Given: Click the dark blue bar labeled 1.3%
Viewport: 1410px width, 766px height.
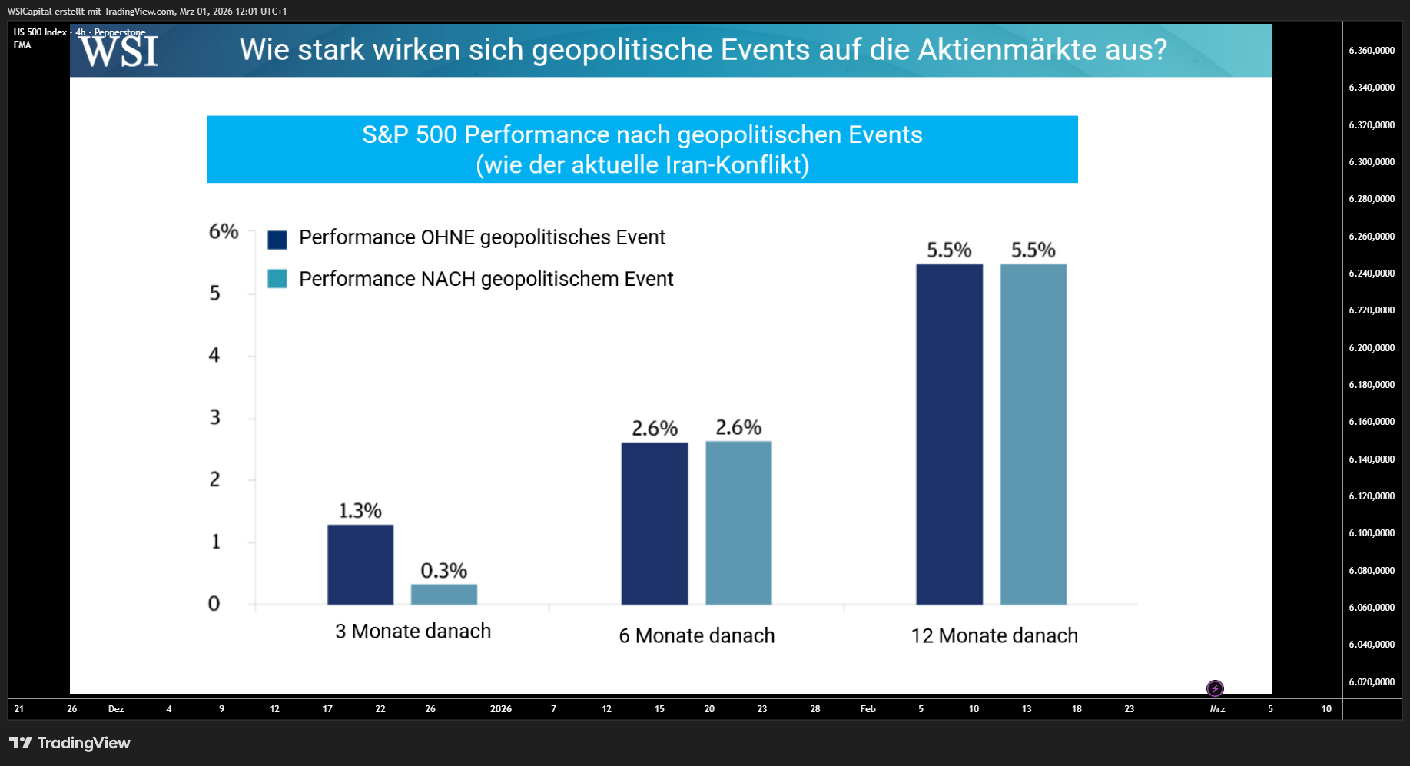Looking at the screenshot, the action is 360,565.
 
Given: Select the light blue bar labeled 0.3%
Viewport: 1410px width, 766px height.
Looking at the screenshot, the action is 444,595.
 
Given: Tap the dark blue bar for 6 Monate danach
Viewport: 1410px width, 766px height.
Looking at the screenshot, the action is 655,524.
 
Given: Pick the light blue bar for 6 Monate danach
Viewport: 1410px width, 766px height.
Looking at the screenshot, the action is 738,523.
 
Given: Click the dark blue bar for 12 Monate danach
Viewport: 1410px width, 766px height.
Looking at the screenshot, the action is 950,434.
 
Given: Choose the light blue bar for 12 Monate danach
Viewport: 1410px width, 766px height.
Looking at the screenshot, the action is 1033,434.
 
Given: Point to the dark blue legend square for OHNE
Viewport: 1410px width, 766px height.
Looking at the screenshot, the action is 277,240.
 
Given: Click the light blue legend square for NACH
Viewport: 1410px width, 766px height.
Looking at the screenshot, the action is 277,278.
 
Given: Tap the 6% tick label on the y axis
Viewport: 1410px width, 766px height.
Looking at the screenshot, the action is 224,231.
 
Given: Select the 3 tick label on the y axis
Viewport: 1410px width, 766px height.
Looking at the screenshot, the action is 215,417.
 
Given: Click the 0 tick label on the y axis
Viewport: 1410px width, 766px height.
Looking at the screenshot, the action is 214,604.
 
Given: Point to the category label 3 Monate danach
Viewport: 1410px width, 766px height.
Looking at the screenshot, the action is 413,632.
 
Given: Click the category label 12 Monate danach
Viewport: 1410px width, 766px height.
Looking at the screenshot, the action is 994,636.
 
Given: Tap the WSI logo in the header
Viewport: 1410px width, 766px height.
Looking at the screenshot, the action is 119,51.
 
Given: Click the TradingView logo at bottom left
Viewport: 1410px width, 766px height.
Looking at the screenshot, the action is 70,743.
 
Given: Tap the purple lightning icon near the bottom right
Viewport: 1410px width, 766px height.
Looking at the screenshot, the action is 1215,688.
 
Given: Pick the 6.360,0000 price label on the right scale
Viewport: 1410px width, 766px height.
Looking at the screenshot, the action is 1372,51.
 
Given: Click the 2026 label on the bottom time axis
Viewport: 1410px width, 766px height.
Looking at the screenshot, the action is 501,709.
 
